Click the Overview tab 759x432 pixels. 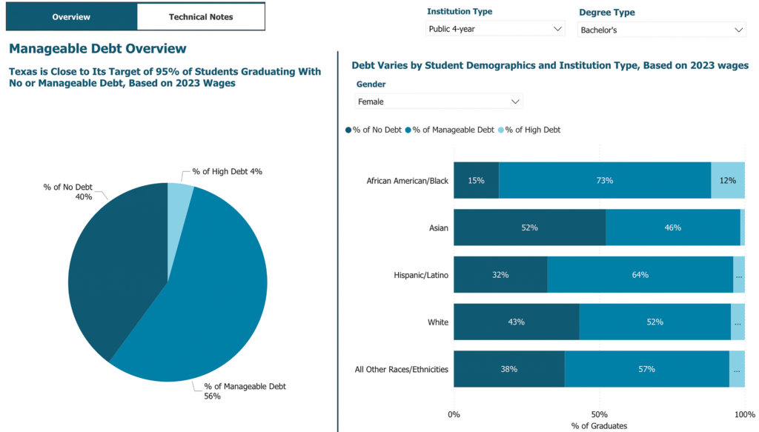(x=71, y=16)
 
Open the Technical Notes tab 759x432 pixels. (x=200, y=16)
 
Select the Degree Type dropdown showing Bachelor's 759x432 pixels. (x=661, y=30)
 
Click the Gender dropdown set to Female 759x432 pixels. (x=439, y=101)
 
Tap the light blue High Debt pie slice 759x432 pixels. (x=179, y=196)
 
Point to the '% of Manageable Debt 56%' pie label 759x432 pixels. (x=245, y=391)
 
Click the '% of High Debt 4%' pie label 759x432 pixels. (x=227, y=171)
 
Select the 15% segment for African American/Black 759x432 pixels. (x=476, y=181)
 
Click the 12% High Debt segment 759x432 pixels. (x=727, y=181)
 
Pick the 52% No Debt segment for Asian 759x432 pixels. (x=529, y=227)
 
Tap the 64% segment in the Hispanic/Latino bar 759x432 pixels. (x=640, y=275)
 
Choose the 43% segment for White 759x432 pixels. (x=516, y=322)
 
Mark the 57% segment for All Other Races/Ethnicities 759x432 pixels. (x=646, y=369)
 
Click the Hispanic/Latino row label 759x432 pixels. (x=420, y=275)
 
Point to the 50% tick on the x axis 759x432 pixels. (x=599, y=414)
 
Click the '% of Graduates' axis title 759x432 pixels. (x=599, y=426)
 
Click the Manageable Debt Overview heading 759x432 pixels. (x=97, y=49)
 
